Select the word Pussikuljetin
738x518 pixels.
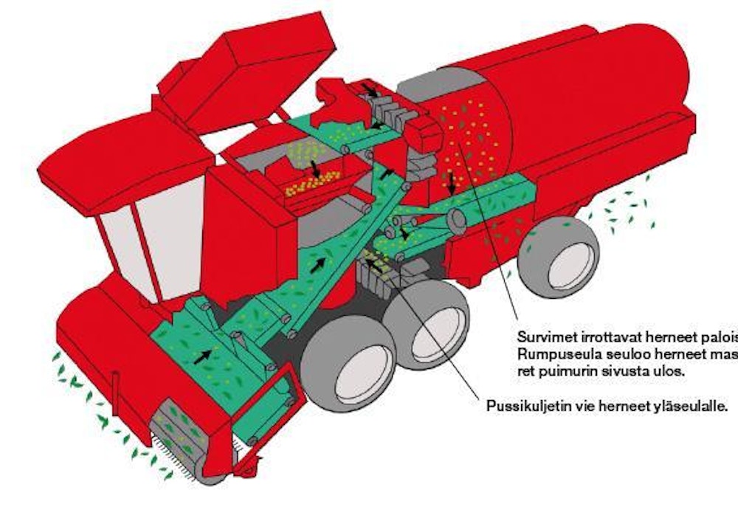[x=522, y=407]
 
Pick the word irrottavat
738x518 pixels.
[x=603, y=336]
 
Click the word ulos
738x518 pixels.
[x=669, y=372]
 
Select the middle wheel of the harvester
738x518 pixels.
[x=428, y=326]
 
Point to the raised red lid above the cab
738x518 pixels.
[x=244, y=70]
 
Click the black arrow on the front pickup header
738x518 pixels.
[x=201, y=356]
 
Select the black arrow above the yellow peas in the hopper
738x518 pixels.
[x=315, y=168]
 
